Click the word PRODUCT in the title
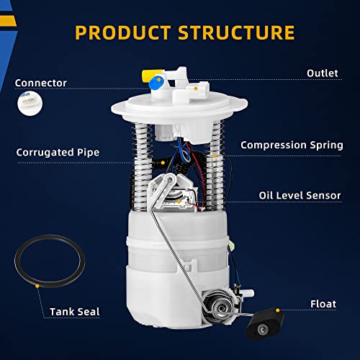click(x=123, y=32)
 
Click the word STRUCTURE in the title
click(x=236, y=32)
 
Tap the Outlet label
click(x=323, y=73)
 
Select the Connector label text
click(x=41, y=83)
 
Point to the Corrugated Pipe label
click(x=58, y=153)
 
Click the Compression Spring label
click(x=292, y=145)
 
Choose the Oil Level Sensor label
click(x=300, y=195)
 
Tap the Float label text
click(x=323, y=304)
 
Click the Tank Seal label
click(x=75, y=312)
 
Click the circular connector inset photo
click(x=30, y=104)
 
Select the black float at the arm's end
click(x=265, y=324)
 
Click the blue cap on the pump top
click(x=156, y=82)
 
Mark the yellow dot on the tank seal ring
click(x=37, y=286)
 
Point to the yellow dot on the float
click(x=278, y=310)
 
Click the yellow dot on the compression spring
click(x=215, y=156)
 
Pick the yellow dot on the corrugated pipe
click(x=163, y=163)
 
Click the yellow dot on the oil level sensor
click(x=179, y=202)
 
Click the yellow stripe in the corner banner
click(x=8, y=21)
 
